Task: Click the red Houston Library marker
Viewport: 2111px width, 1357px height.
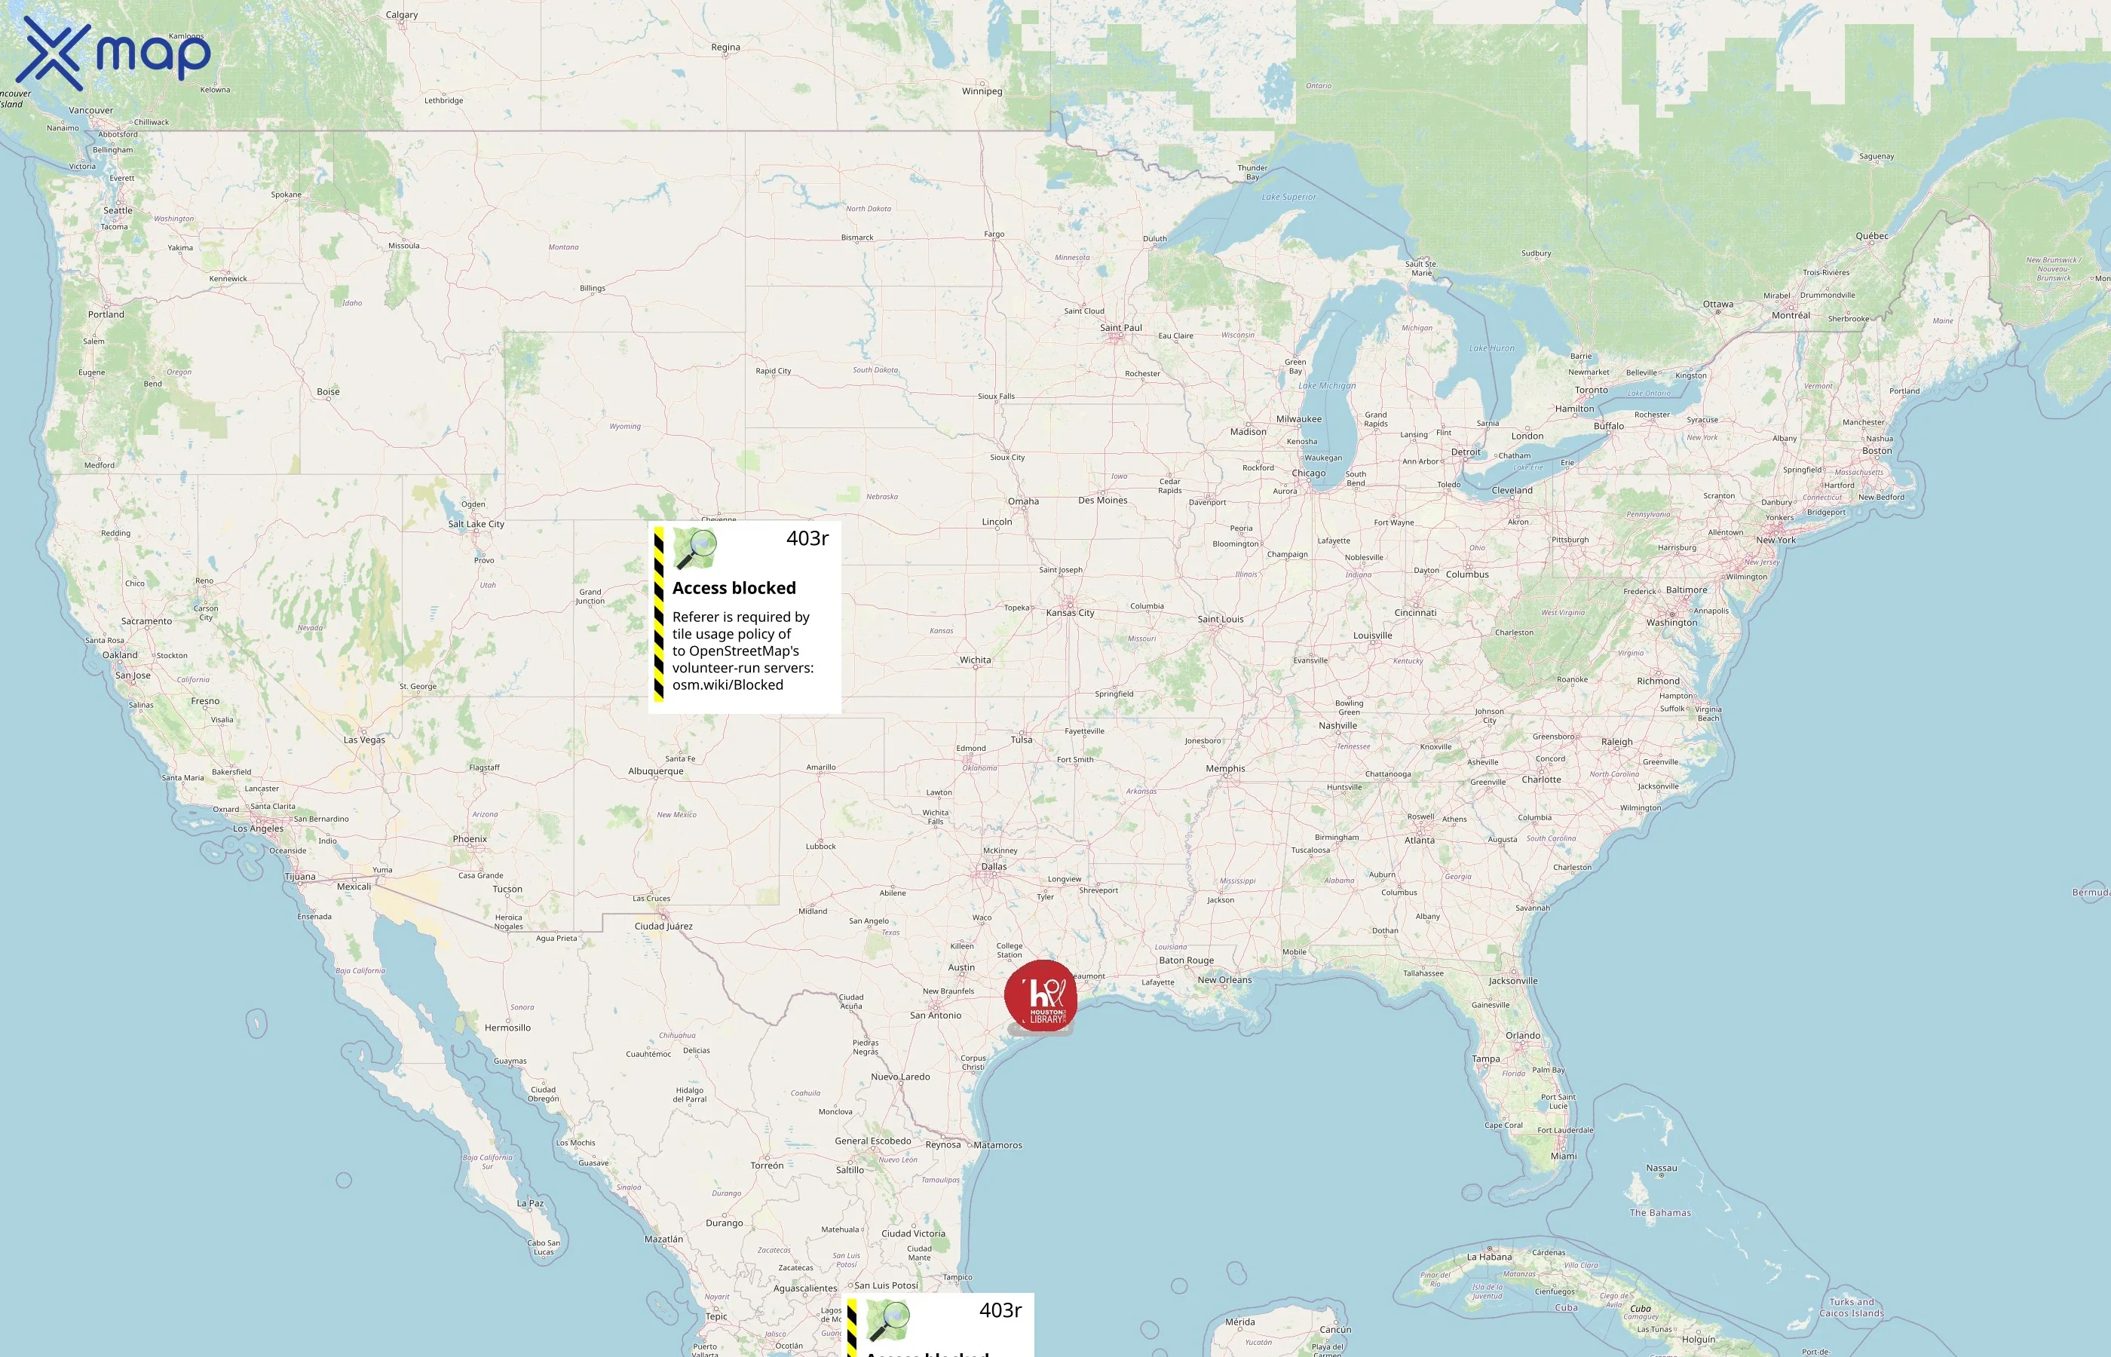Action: (1040, 996)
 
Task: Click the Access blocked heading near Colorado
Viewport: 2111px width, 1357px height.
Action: (734, 588)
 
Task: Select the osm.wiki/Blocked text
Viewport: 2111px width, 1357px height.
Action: (727, 685)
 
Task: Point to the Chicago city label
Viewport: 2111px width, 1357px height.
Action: (1308, 473)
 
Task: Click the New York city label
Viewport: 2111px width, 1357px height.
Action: (1776, 540)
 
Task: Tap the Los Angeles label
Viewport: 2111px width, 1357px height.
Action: (258, 829)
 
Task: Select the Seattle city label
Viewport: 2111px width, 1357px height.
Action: (118, 210)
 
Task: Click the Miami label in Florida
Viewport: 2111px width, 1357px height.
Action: (1564, 1156)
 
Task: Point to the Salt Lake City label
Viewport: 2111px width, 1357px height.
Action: (476, 524)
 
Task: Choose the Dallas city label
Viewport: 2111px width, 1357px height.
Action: (994, 866)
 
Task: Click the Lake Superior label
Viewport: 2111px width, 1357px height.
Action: (1289, 198)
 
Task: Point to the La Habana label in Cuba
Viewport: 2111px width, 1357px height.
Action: (1489, 1257)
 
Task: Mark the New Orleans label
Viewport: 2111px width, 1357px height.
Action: (1224, 980)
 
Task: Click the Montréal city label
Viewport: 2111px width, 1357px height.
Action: (1791, 315)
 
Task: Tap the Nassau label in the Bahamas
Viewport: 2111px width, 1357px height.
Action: (1662, 1169)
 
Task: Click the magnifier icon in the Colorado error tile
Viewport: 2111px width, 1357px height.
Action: (695, 549)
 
